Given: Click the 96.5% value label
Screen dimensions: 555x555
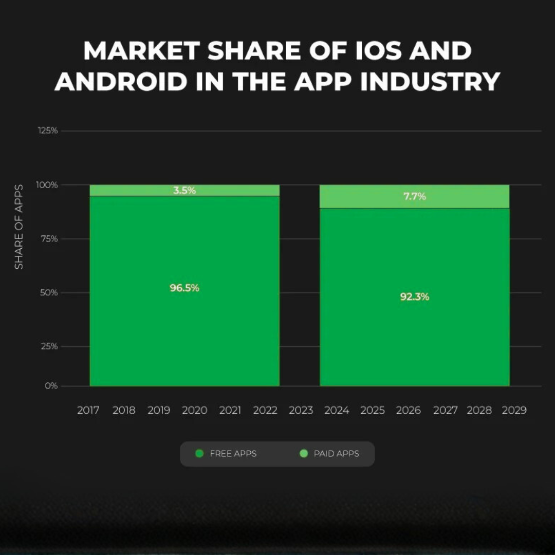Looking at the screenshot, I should pos(184,288).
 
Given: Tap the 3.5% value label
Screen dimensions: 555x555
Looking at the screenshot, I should pos(184,191).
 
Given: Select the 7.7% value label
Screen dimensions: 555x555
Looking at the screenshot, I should pos(414,196).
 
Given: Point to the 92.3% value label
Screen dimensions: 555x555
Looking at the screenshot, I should pos(414,297).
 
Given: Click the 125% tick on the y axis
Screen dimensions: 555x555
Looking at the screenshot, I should pos(48,131).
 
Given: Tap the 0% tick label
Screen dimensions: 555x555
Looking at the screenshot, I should pos(51,386).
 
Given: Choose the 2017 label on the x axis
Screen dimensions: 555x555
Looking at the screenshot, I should pos(88,410).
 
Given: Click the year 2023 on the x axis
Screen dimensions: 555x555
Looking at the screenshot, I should pos(301,410).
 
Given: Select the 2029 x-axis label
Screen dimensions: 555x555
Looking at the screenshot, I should pos(514,410).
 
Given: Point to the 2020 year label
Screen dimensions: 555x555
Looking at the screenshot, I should pos(195,410).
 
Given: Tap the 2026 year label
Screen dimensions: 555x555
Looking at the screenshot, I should pos(408,410).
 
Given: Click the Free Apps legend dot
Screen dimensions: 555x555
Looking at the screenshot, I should pos(200,454).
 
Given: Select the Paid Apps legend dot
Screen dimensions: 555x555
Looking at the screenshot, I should pos(304,454).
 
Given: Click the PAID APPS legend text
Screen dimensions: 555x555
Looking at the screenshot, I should pos(336,454).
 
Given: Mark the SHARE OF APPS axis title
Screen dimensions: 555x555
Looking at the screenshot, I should pos(19,226).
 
